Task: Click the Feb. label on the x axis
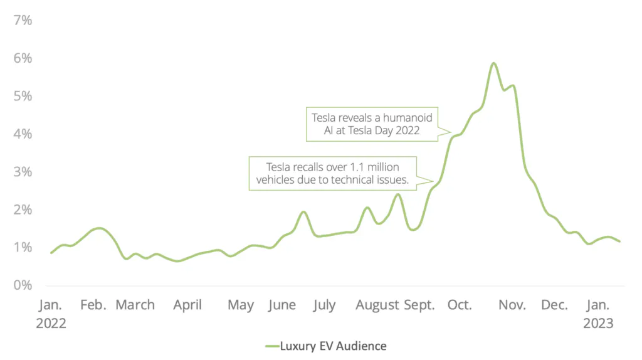pyautogui.click(x=93, y=305)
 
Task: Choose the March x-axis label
pyautogui.click(x=135, y=305)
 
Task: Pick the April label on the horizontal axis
pyautogui.click(x=187, y=305)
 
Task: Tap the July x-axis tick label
pyautogui.click(x=324, y=305)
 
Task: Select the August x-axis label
pyautogui.click(x=377, y=305)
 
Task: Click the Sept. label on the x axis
pyautogui.click(x=419, y=305)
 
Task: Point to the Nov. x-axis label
pyautogui.click(x=512, y=305)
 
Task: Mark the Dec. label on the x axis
pyautogui.click(x=554, y=305)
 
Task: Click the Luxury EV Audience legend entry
pyautogui.click(x=325, y=346)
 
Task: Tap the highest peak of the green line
pyautogui.click(x=493, y=63)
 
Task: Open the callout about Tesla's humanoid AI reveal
pyautogui.click(x=372, y=123)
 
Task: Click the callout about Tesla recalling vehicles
pyautogui.click(x=332, y=173)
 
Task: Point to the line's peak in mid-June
pyautogui.click(x=303, y=212)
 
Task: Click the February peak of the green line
pyautogui.click(x=99, y=228)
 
